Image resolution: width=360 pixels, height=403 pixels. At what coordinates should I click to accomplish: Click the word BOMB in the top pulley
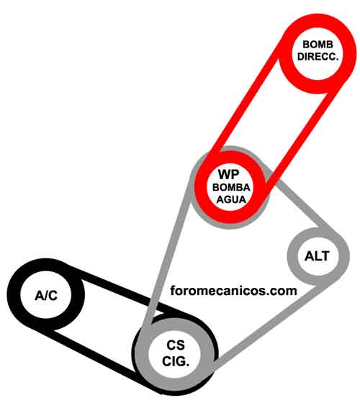(318, 45)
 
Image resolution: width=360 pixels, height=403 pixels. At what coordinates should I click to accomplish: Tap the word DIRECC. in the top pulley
(318, 57)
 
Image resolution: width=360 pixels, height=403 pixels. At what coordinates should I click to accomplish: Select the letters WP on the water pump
(229, 174)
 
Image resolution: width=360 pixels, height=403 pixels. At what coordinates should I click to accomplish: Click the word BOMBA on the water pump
(231, 187)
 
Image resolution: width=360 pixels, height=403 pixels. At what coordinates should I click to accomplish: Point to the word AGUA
(231, 199)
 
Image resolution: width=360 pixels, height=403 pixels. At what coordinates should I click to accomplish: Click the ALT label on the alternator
(317, 256)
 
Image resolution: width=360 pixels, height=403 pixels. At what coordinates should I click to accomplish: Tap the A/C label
(46, 296)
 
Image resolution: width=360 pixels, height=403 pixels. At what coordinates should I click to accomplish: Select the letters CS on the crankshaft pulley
(176, 345)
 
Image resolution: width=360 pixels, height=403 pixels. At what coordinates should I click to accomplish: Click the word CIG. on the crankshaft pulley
(176, 361)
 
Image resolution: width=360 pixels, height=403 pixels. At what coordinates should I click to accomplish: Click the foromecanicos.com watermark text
(233, 291)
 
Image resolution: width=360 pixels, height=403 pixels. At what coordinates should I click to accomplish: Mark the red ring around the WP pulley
(201, 187)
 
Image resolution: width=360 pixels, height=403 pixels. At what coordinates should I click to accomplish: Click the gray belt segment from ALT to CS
(267, 324)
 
